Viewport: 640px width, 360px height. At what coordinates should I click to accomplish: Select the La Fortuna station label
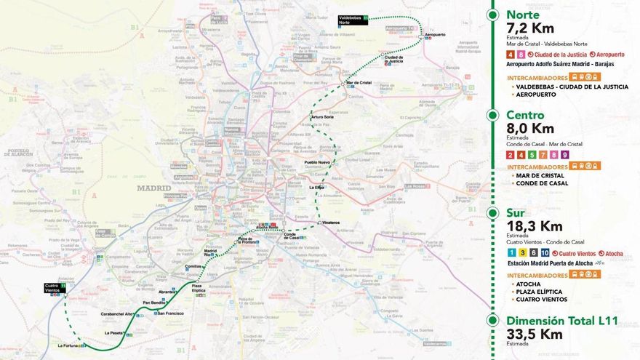click(x=68, y=345)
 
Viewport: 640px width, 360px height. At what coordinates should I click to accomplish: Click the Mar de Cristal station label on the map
click(x=359, y=83)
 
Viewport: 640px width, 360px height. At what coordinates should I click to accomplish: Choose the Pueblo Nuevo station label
click(x=317, y=162)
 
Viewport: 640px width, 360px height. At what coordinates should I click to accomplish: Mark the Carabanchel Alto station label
click(x=117, y=313)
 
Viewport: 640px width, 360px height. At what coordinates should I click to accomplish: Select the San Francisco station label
click(x=170, y=313)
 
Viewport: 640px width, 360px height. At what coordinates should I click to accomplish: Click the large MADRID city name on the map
click(x=154, y=188)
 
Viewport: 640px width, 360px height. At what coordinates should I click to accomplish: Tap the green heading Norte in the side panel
click(x=523, y=15)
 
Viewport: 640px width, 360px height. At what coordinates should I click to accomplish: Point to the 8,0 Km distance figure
click(x=532, y=129)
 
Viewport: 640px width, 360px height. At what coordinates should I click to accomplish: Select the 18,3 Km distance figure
click(x=535, y=226)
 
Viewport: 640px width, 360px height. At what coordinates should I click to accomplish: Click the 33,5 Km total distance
click(x=535, y=335)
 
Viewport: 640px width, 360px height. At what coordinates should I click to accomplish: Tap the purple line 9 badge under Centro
click(x=564, y=155)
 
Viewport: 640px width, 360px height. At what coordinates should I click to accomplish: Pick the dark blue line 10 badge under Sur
click(x=545, y=252)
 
